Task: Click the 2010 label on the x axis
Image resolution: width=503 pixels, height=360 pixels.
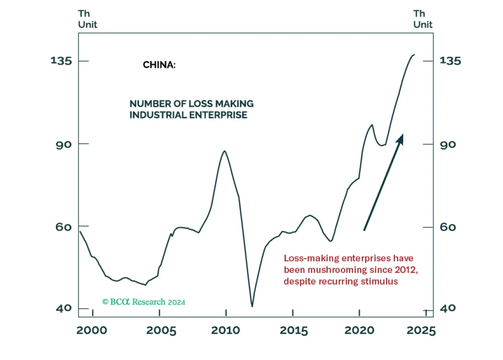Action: tap(226, 331)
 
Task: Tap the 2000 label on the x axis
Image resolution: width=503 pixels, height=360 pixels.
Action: tap(93, 331)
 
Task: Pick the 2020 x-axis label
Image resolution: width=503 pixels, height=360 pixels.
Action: tap(359, 331)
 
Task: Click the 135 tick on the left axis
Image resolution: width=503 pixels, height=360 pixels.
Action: tap(62, 60)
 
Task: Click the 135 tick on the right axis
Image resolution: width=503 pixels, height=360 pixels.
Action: tap(451, 60)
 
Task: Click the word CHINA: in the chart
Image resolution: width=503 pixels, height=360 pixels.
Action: tap(159, 65)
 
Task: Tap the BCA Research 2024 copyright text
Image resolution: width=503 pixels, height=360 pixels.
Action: tap(144, 302)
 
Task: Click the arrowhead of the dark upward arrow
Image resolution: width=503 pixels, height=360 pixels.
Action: tap(400, 138)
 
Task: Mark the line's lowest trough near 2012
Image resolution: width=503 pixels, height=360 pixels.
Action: tap(252, 306)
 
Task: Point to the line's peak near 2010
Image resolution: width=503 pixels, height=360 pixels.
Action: tap(225, 151)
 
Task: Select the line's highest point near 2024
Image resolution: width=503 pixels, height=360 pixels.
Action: tap(414, 54)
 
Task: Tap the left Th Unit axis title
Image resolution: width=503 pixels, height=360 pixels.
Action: tap(88, 20)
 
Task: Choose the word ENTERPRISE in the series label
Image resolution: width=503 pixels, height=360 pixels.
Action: tap(223, 114)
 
